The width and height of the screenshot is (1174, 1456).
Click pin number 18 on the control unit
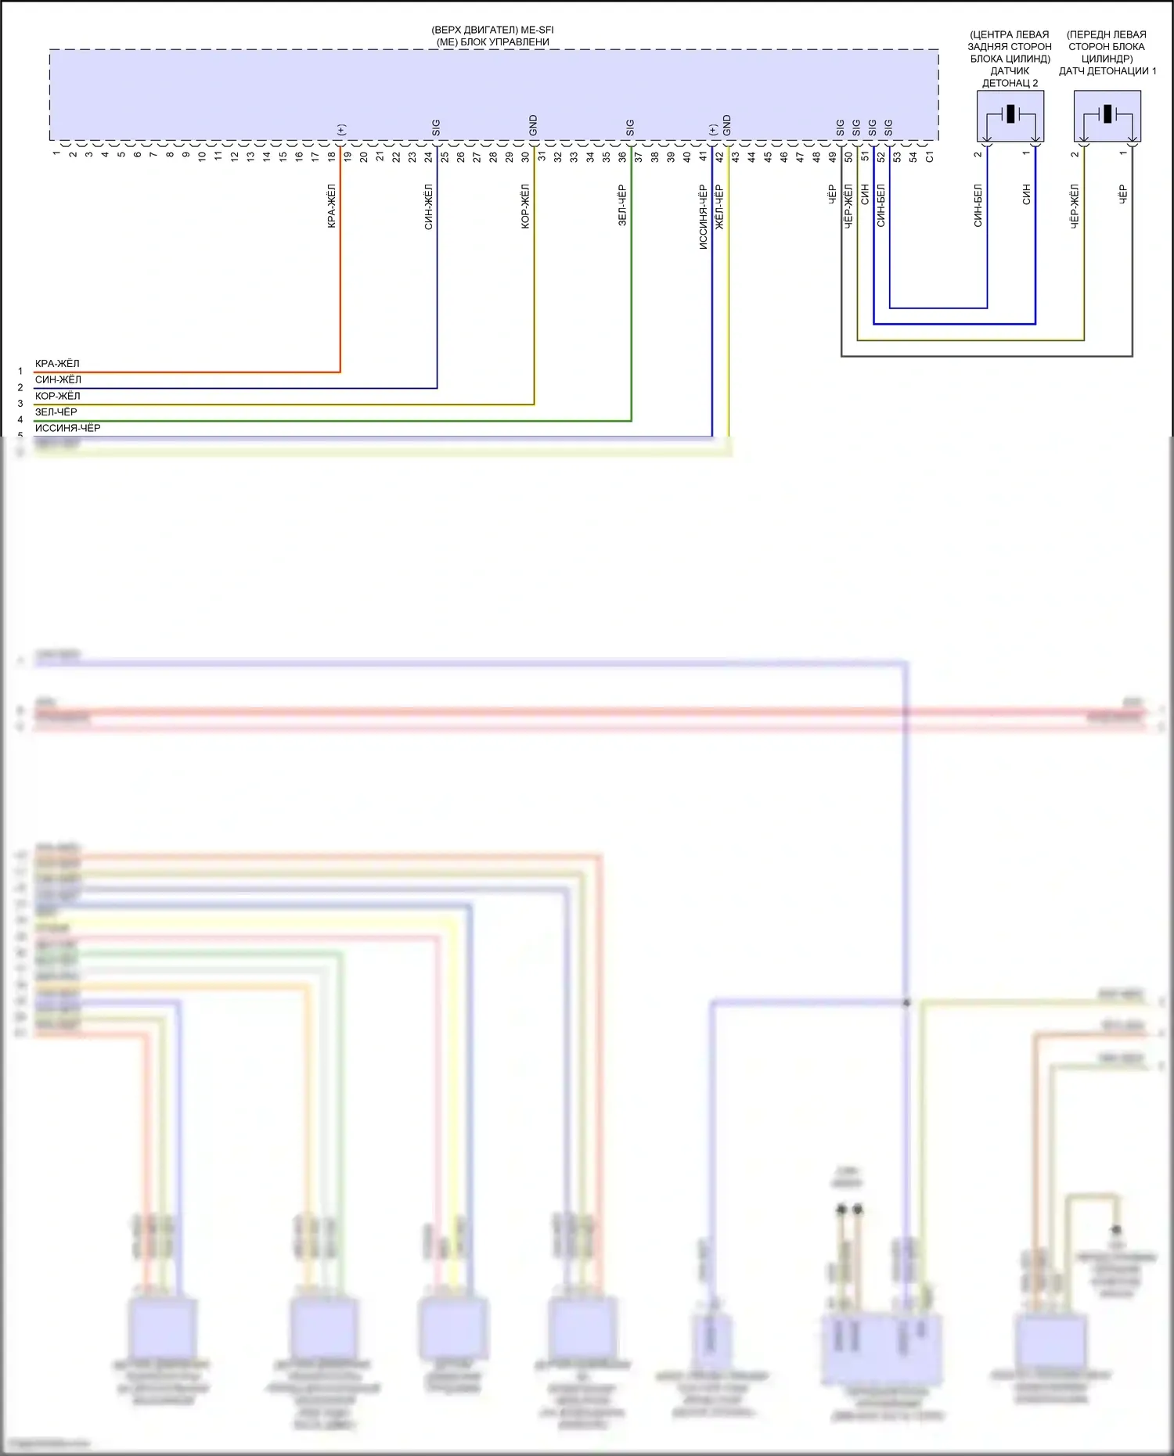[331, 156]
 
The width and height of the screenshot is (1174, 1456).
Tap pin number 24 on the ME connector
[428, 156]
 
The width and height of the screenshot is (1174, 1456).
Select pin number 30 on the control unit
[525, 156]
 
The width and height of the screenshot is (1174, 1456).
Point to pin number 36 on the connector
[622, 156]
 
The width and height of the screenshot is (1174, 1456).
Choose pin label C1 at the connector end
[929, 156]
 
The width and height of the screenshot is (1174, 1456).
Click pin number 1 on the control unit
[56, 154]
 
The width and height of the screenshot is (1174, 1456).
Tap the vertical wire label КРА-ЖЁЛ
[332, 207]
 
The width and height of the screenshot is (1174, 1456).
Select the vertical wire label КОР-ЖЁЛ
[525, 207]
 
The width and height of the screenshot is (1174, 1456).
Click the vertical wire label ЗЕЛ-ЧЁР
[622, 206]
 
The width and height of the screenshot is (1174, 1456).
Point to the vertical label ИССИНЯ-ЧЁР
[703, 218]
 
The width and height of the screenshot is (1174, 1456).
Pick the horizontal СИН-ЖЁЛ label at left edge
[58, 379]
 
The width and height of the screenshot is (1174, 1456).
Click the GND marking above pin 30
[533, 125]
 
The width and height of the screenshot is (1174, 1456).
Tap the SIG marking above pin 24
[436, 128]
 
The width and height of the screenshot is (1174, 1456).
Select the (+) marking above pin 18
[340, 130]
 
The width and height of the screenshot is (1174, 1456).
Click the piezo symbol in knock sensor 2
[1010, 114]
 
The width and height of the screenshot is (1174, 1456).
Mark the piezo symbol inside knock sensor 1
[1107, 114]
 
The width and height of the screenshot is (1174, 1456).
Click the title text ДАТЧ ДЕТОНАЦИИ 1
[1107, 71]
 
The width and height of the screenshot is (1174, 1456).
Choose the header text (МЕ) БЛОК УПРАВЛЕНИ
[493, 42]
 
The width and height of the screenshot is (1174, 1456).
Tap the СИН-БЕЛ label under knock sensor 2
[978, 206]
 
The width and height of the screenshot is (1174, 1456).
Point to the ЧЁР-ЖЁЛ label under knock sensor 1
[1075, 207]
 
